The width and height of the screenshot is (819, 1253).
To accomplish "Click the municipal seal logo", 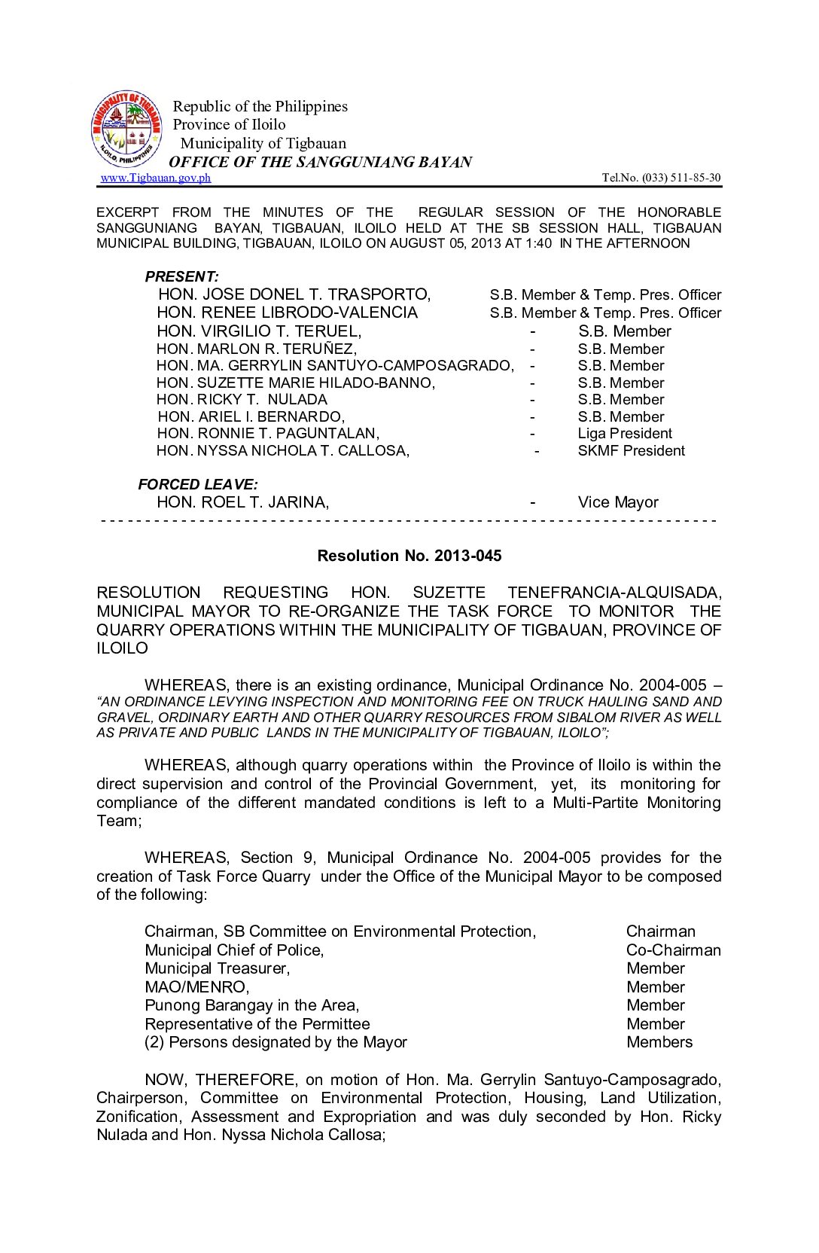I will [x=126, y=130].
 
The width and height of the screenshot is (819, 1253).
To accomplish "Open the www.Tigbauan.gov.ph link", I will [x=156, y=178].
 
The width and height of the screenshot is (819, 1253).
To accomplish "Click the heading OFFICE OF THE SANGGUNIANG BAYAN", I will [x=320, y=162].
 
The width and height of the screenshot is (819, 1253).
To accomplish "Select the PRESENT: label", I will [x=181, y=276].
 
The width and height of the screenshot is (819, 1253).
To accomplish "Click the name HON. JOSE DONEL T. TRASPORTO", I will [x=294, y=294].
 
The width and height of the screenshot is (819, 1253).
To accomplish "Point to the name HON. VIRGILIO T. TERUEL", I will [x=259, y=331].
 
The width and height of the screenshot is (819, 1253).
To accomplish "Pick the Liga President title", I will [x=625, y=434].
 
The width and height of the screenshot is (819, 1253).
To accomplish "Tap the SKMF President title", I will [x=631, y=451].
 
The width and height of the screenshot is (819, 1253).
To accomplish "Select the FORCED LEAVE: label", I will [x=197, y=484].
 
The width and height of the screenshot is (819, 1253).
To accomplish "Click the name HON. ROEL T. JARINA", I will [x=242, y=502].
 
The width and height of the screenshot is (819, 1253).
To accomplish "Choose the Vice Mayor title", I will [x=618, y=502].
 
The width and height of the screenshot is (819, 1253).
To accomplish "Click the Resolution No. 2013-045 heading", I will [x=409, y=556].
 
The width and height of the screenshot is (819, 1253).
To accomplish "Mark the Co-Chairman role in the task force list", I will [x=673, y=950].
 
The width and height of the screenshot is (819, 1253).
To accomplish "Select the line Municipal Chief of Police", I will [x=234, y=950].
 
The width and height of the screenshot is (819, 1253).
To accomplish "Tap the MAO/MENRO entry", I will [x=196, y=987].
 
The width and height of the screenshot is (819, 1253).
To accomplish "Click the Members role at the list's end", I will [x=659, y=1042].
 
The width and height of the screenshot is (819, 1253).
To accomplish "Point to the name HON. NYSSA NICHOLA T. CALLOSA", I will [x=283, y=451].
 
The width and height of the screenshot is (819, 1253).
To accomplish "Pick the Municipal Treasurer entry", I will [x=217, y=968].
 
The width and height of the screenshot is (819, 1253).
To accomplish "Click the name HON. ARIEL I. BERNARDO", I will [x=251, y=417].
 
